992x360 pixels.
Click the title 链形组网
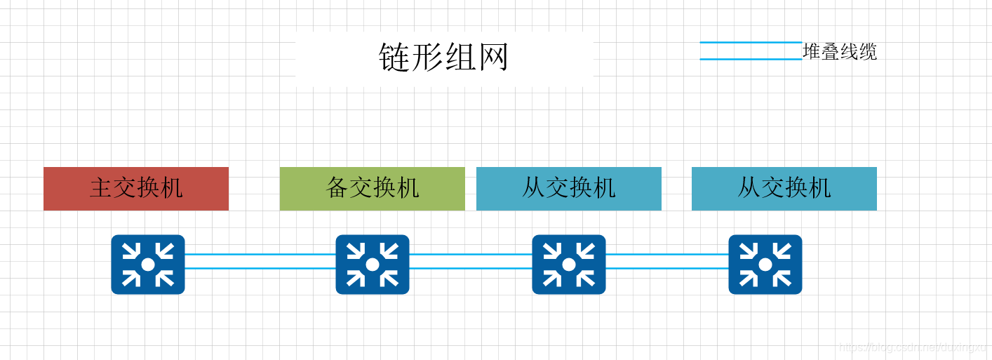443,57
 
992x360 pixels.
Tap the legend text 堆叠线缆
840,52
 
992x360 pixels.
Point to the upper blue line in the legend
751,43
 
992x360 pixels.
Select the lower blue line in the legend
751,59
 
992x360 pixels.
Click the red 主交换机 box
136,188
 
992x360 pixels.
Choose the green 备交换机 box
372,188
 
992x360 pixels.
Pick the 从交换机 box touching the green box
568,188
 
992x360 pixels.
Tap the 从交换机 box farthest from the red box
784,188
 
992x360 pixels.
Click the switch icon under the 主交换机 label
147,264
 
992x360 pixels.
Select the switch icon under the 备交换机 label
372,264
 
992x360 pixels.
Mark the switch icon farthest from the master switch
765,264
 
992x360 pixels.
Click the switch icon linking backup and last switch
568,264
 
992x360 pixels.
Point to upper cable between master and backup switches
260,254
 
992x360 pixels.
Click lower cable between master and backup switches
260,268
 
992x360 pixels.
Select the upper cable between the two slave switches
666,254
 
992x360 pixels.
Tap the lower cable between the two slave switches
666,268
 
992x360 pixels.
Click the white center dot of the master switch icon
147,265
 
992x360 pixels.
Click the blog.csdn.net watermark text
912,347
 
